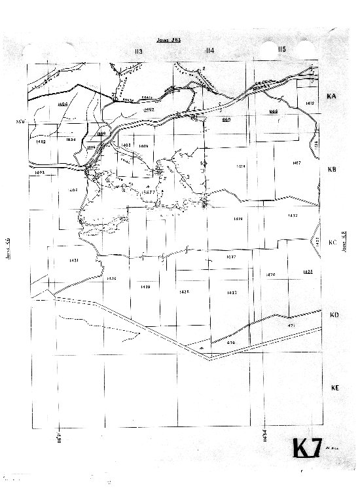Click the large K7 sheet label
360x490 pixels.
click(x=306, y=449)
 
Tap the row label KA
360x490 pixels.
click(x=331, y=96)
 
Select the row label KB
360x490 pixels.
click(x=331, y=169)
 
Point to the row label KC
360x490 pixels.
click(x=332, y=242)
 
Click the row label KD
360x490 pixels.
click(x=333, y=315)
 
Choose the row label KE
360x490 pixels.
click(x=334, y=388)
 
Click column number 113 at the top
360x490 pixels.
click(x=137, y=51)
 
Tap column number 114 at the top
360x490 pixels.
click(x=209, y=51)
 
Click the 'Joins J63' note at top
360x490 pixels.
click(x=169, y=40)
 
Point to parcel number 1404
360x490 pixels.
click(x=63, y=104)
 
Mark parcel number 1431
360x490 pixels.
click(x=73, y=261)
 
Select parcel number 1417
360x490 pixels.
click(x=296, y=162)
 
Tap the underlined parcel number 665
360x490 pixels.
click(x=226, y=120)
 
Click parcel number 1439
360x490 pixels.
click(x=145, y=287)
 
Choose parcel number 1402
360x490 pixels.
click(x=41, y=141)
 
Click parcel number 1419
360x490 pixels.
click(x=238, y=219)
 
